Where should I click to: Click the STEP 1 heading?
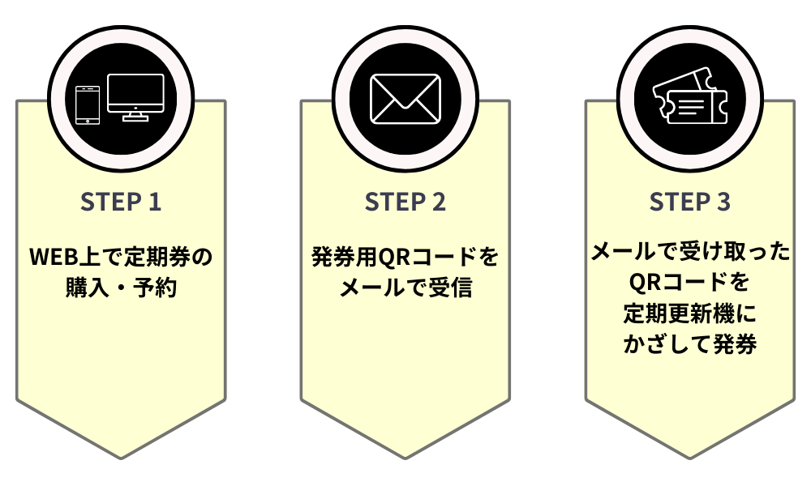(x=121, y=202)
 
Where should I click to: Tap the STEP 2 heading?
(x=405, y=202)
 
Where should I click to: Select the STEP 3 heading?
(x=689, y=202)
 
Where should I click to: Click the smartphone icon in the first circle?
(x=88, y=104)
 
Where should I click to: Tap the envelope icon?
(x=405, y=99)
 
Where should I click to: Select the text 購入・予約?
(x=121, y=287)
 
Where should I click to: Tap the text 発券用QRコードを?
(x=405, y=257)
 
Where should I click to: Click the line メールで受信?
(x=405, y=287)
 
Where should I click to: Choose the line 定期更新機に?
(x=689, y=313)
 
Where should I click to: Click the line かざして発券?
(x=689, y=343)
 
